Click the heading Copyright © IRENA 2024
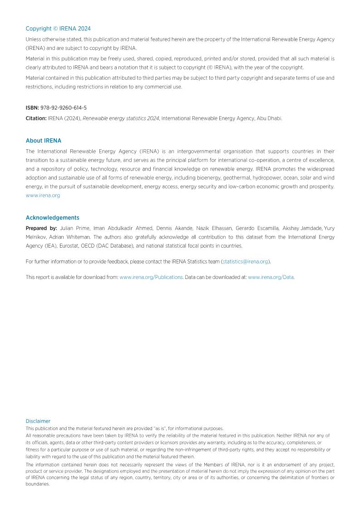pos(58,29)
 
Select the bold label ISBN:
pos(32,108)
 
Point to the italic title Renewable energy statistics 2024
pos(121,118)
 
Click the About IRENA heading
pos(44,141)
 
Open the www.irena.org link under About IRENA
pos(43,196)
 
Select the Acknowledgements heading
pos(52,218)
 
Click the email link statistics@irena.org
pos(245,262)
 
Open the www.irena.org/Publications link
pos(151,277)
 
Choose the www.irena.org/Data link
pos(271,277)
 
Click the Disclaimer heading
pos(38,421)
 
